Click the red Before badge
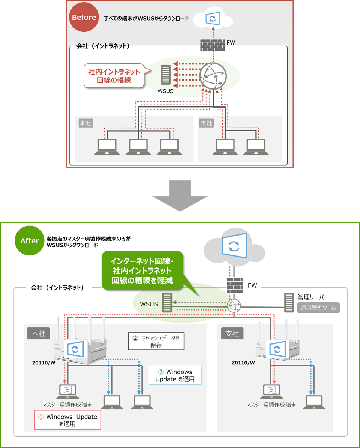click(x=84, y=18)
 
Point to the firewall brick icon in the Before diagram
click(x=212, y=44)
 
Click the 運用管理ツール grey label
click(x=318, y=308)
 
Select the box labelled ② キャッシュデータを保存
click(x=156, y=341)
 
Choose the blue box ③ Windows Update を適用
click(x=175, y=375)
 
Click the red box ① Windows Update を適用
click(x=67, y=420)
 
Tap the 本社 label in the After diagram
click(x=39, y=333)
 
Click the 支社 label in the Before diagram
click(x=206, y=123)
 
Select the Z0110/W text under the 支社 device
click(x=243, y=363)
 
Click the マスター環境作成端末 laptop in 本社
click(x=67, y=391)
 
